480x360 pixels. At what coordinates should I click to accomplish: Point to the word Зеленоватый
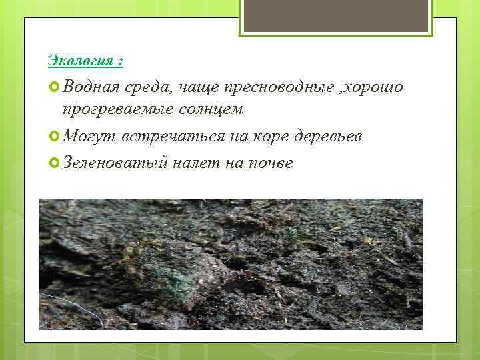pyautogui.click(x=113, y=163)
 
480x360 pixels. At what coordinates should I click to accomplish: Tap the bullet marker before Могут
pyautogui.click(x=55, y=136)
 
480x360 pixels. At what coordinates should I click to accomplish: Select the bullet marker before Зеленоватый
pyautogui.click(x=55, y=163)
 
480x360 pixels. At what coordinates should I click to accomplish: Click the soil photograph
pyautogui.click(x=231, y=264)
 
